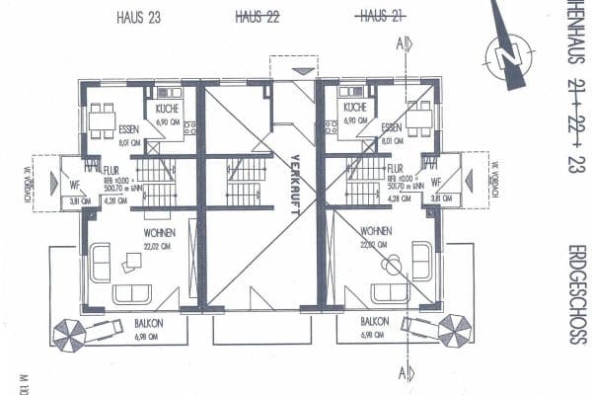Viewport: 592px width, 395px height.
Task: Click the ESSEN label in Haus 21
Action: (x=391, y=128)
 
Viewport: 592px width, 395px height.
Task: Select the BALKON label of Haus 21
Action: (x=374, y=323)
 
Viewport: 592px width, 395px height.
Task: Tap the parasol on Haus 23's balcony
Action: (x=71, y=331)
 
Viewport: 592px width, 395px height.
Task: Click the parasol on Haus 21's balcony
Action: (x=455, y=329)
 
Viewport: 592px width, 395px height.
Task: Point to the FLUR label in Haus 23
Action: (x=111, y=170)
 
